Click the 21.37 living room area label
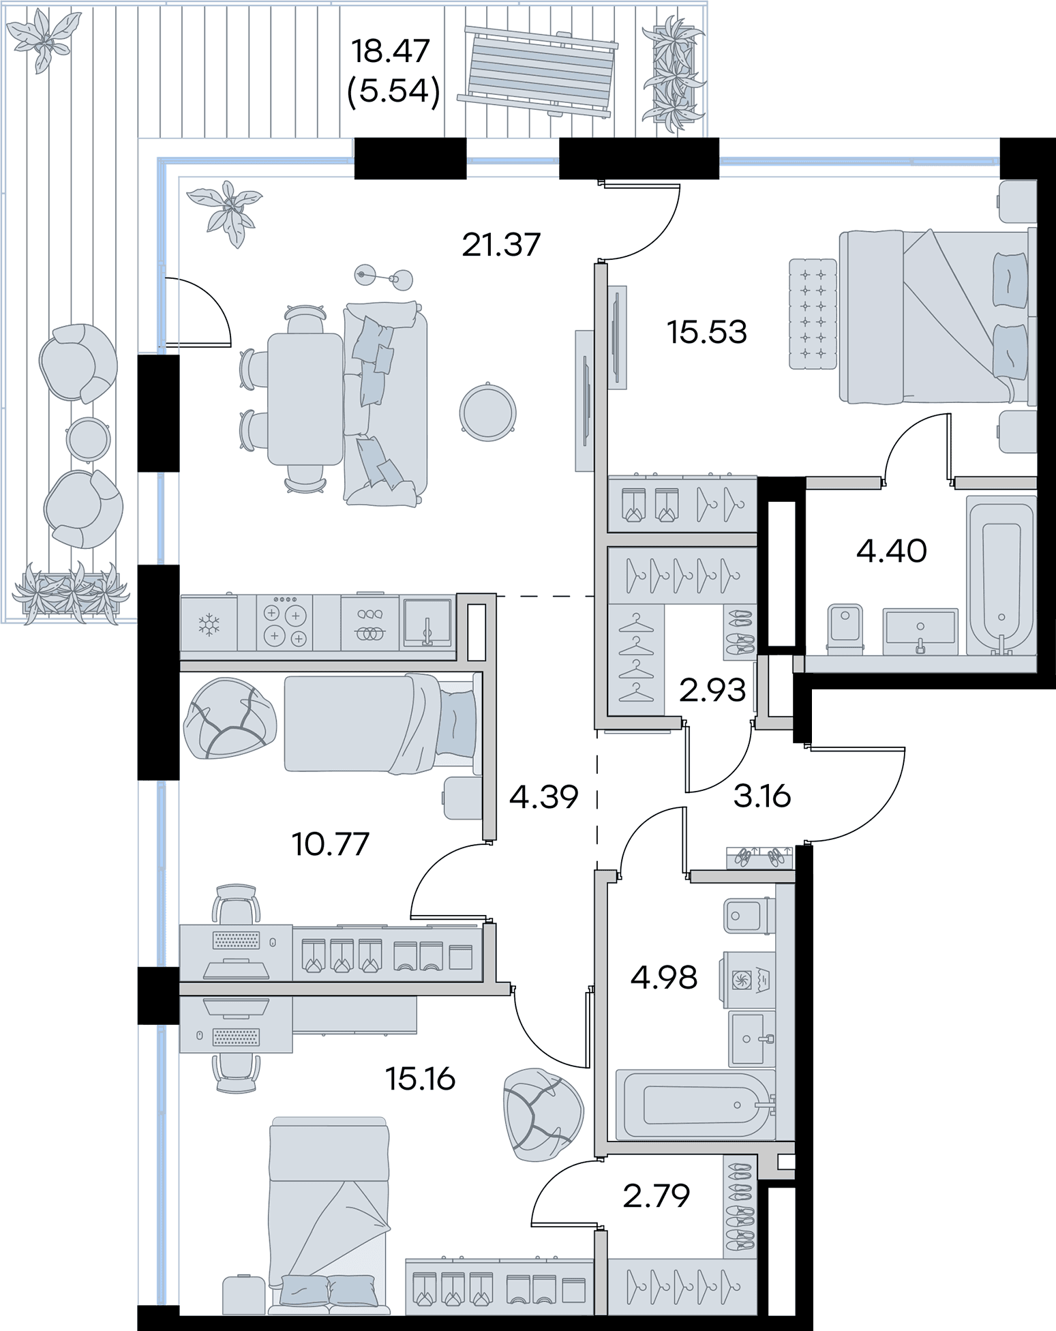[501, 244]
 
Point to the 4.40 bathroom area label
[892, 551]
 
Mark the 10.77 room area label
[330, 845]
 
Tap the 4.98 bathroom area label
[663, 977]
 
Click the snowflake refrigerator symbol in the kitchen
[207, 625]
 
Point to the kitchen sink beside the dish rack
[427, 622]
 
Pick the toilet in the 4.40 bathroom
[845, 626]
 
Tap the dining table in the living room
[304, 398]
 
